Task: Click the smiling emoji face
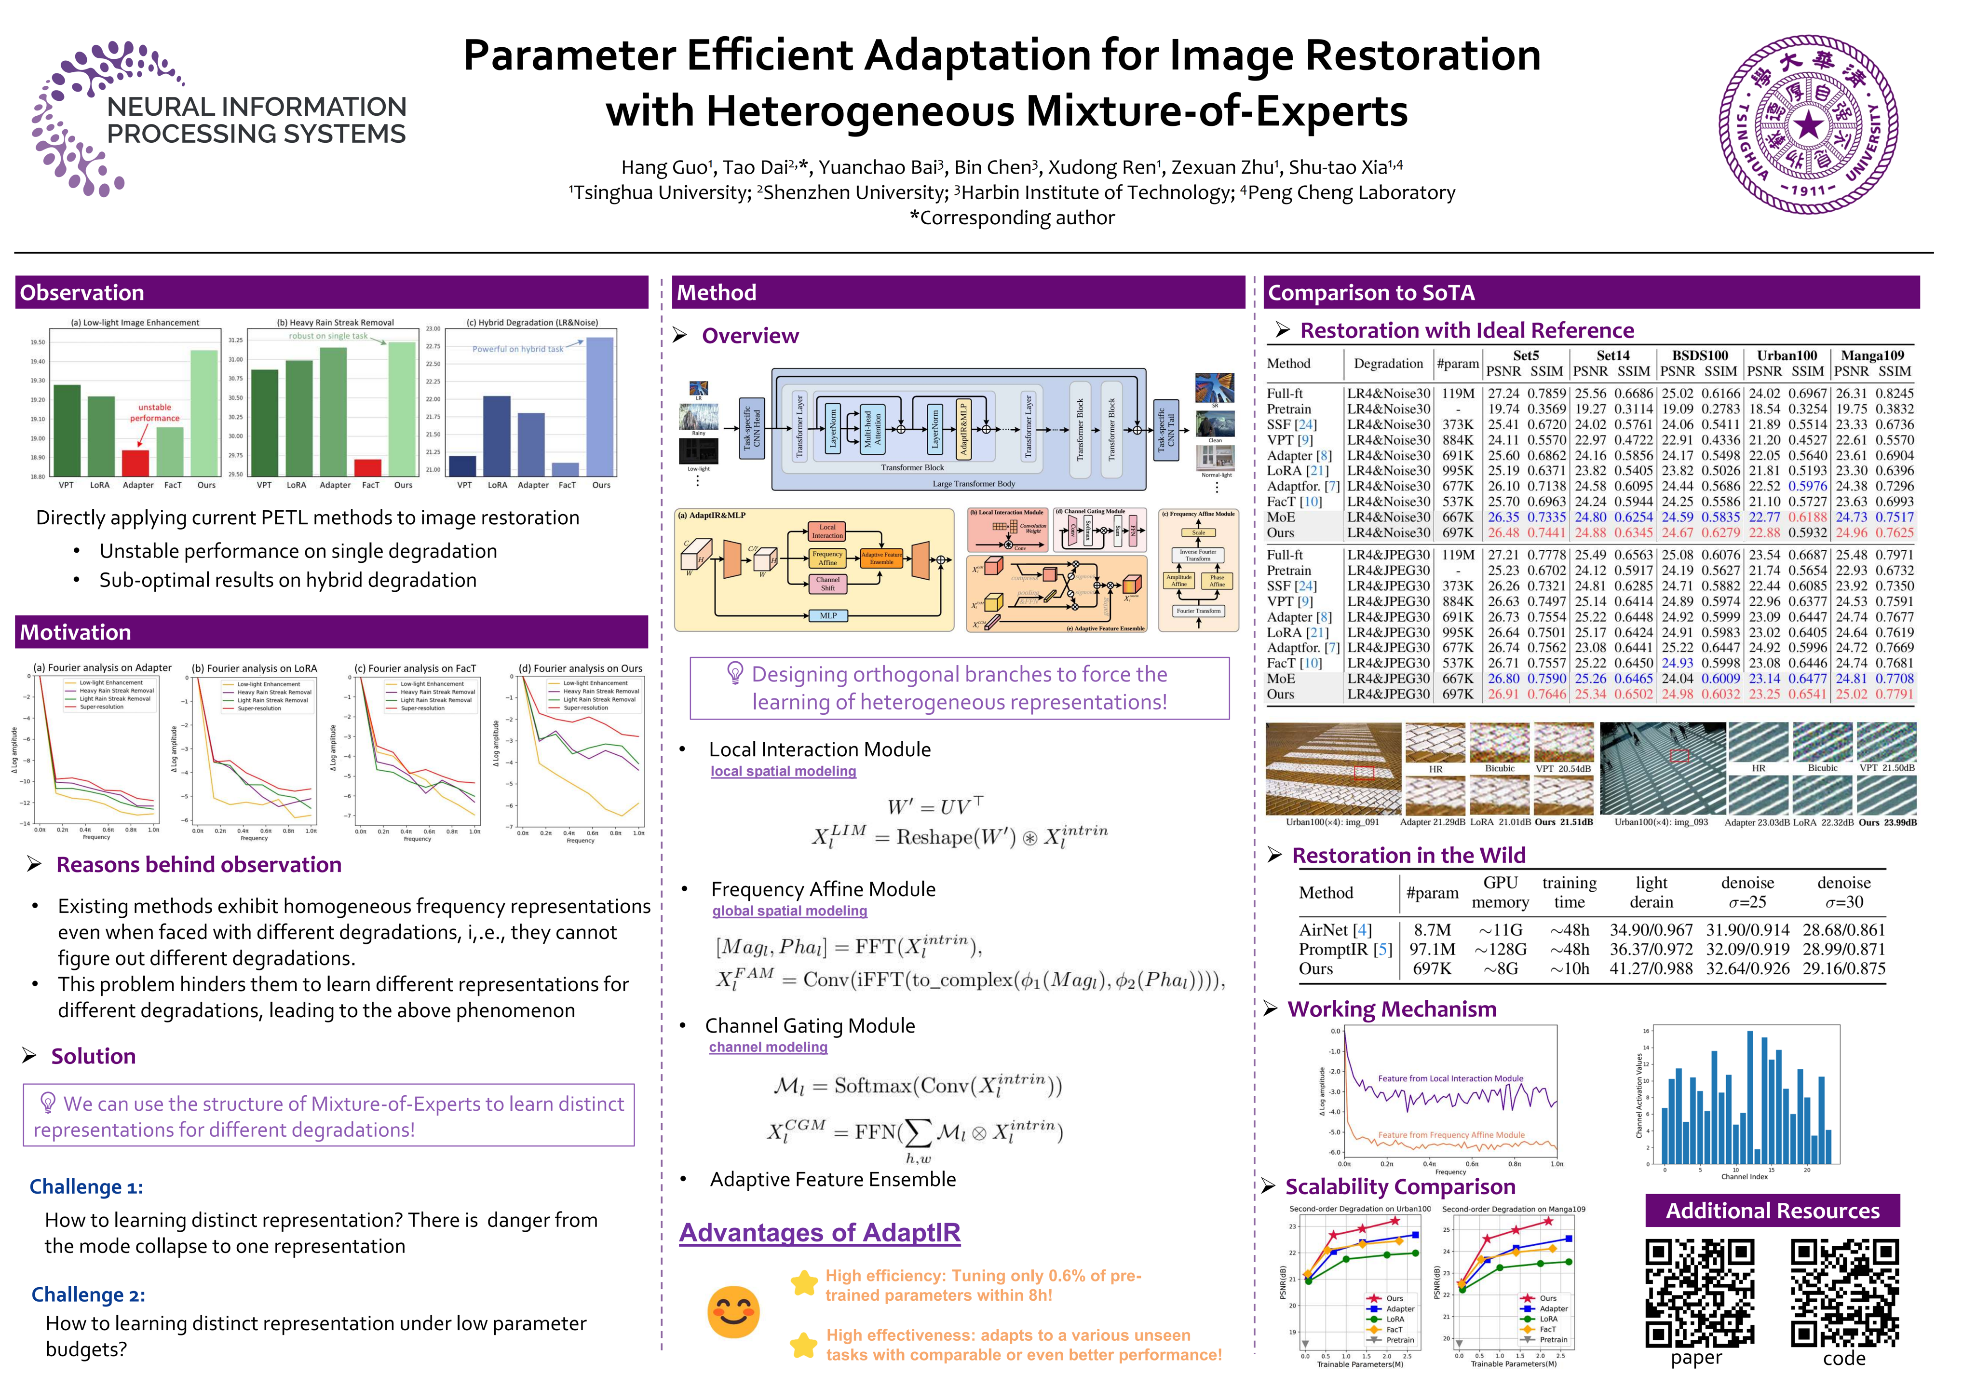733,1311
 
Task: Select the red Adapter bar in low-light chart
135,463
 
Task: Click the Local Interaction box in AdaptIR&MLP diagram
827,531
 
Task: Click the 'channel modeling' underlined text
768,1047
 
